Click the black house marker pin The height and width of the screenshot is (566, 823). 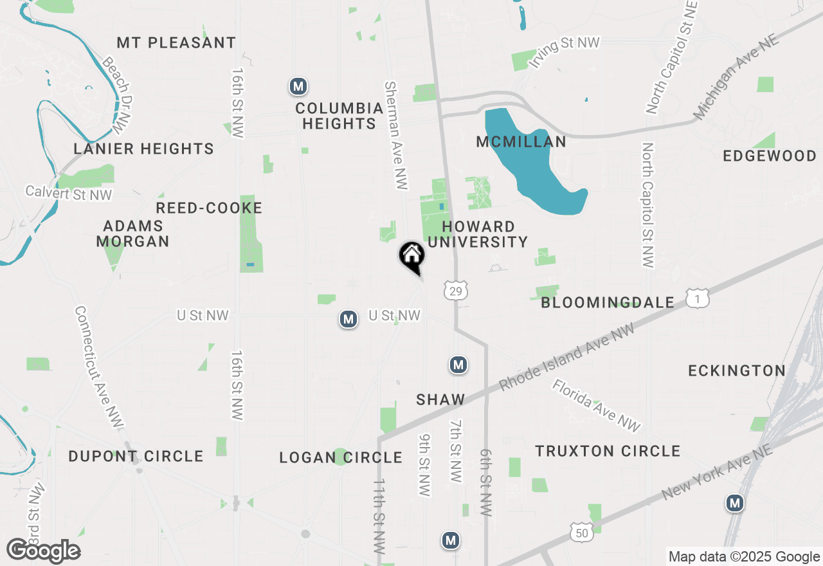click(x=412, y=256)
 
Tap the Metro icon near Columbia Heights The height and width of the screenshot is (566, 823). click(x=298, y=86)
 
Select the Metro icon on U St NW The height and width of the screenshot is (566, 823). click(x=348, y=318)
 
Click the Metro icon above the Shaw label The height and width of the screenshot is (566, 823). click(x=458, y=365)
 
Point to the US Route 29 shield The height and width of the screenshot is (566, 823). click(x=455, y=291)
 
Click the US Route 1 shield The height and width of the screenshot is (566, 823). click(x=697, y=298)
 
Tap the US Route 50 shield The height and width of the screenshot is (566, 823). click(x=581, y=531)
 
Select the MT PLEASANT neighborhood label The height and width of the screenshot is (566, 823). click(x=176, y=43)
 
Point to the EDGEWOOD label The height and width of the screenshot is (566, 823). click(x=770, y=156)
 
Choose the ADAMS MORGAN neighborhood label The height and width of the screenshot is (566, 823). click(x=133, y=233)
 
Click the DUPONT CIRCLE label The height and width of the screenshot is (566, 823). click(x=136, y=457)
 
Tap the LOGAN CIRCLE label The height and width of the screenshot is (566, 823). click(x=341, y=457)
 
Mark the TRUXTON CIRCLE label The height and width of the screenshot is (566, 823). click(x=608, y=451)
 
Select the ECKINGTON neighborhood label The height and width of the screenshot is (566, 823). click(x=737, y=370)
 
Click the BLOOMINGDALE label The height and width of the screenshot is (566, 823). click(x=608, y=302)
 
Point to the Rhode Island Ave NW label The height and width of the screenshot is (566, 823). click(x=566, y=357)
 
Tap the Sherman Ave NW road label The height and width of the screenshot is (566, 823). click(x=396, y=135)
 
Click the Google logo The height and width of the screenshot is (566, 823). click(x=43, y=551)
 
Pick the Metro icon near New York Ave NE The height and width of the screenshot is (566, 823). click(x=735, y=503)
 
